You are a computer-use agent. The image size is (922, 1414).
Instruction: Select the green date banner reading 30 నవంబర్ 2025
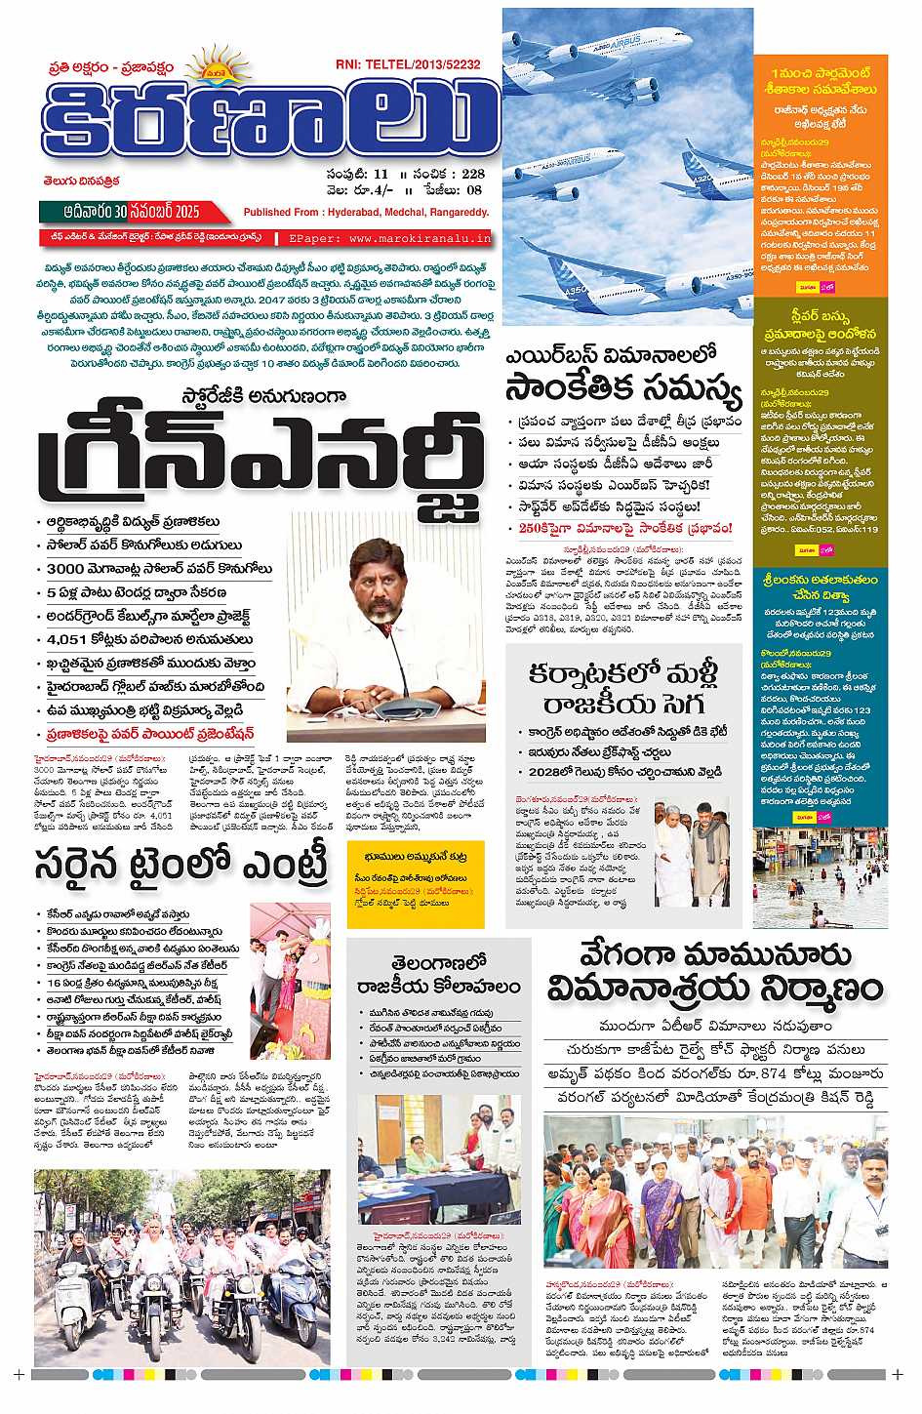[x=134, y=212]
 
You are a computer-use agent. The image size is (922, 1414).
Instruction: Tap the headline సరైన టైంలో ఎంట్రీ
[x=181, y=866]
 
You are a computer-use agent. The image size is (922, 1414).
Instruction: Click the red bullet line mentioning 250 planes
[x=624, y=529]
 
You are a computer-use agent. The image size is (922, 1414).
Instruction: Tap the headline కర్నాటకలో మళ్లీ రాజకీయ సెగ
[x=623, y=688]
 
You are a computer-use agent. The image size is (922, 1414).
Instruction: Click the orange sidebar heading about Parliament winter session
[x=821, y=81]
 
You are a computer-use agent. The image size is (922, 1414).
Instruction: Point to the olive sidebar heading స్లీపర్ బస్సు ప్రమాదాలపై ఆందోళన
[x=822, y=324]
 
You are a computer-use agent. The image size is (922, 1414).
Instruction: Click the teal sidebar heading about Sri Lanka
[x=821, y=586]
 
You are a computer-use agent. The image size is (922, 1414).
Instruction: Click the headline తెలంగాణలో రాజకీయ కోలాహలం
[x=438, y=974]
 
